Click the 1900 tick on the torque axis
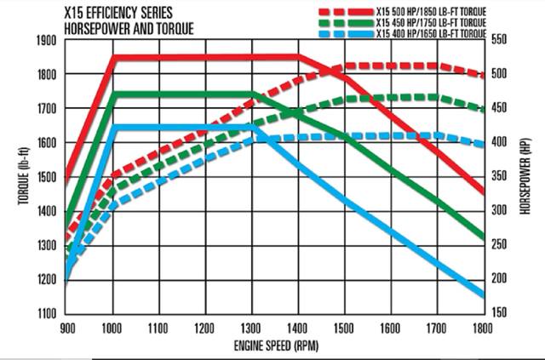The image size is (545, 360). click(48, 41)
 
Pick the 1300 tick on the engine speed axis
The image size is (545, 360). click(251, 327)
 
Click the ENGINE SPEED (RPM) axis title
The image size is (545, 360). click(274, 346)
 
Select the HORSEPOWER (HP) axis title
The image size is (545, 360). click(526, 177)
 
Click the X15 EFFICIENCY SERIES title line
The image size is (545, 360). click(121, 14)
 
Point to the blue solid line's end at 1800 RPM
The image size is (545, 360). click(483, 295)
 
